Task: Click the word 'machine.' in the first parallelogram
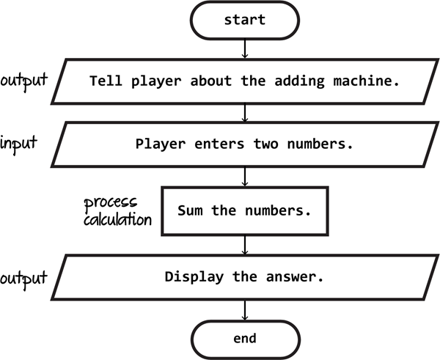(x=366, y=81)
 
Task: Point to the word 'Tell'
(x=106, y=81)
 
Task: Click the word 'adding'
(x=299, y=81)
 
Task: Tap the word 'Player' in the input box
(x=160, y=144)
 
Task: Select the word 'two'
(x=266, y=144)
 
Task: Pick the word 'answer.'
(x=295, y=277)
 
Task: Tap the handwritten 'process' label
(x=111, y=202)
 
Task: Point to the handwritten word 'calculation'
(x=117, y=219)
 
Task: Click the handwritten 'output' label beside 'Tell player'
(x=24, y=81)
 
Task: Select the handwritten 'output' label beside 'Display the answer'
(x=23, y=279)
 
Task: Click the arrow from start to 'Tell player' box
(x=245, y=49)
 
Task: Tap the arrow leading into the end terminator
(x=245, y=310)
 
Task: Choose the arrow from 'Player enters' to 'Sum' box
(x=245, y=177)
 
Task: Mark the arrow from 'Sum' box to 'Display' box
(x=245, y=245)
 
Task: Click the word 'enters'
(x=219, y=144)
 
